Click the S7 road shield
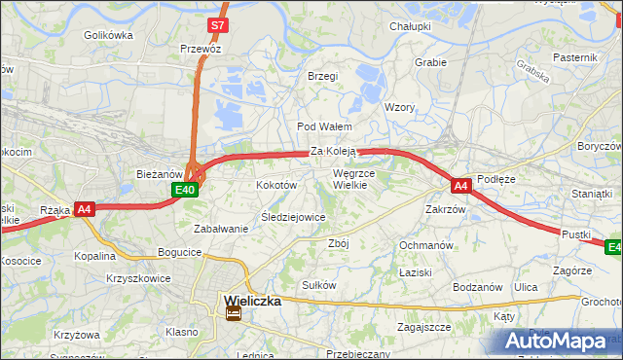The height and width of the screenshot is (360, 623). (x=219, y=26)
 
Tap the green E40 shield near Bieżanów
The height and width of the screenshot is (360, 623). (x=187, y=190)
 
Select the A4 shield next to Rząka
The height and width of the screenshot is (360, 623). (x=85, y=208)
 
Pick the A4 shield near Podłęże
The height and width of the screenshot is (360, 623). (x=461, y=184)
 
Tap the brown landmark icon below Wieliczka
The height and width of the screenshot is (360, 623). (x=233, y=313)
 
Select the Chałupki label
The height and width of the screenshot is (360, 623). (x=410, y=26)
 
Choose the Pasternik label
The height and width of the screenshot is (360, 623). (x=574, y=57)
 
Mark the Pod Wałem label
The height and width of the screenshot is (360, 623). (x=324, y=126)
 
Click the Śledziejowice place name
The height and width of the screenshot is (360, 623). (x=293, y=217)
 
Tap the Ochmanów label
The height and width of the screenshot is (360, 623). (x=426, y=245)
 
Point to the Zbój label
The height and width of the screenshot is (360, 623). (x=339, y=243)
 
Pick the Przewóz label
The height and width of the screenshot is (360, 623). (x=201, y=48)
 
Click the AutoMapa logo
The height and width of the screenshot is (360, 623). (x=560, y=342)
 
